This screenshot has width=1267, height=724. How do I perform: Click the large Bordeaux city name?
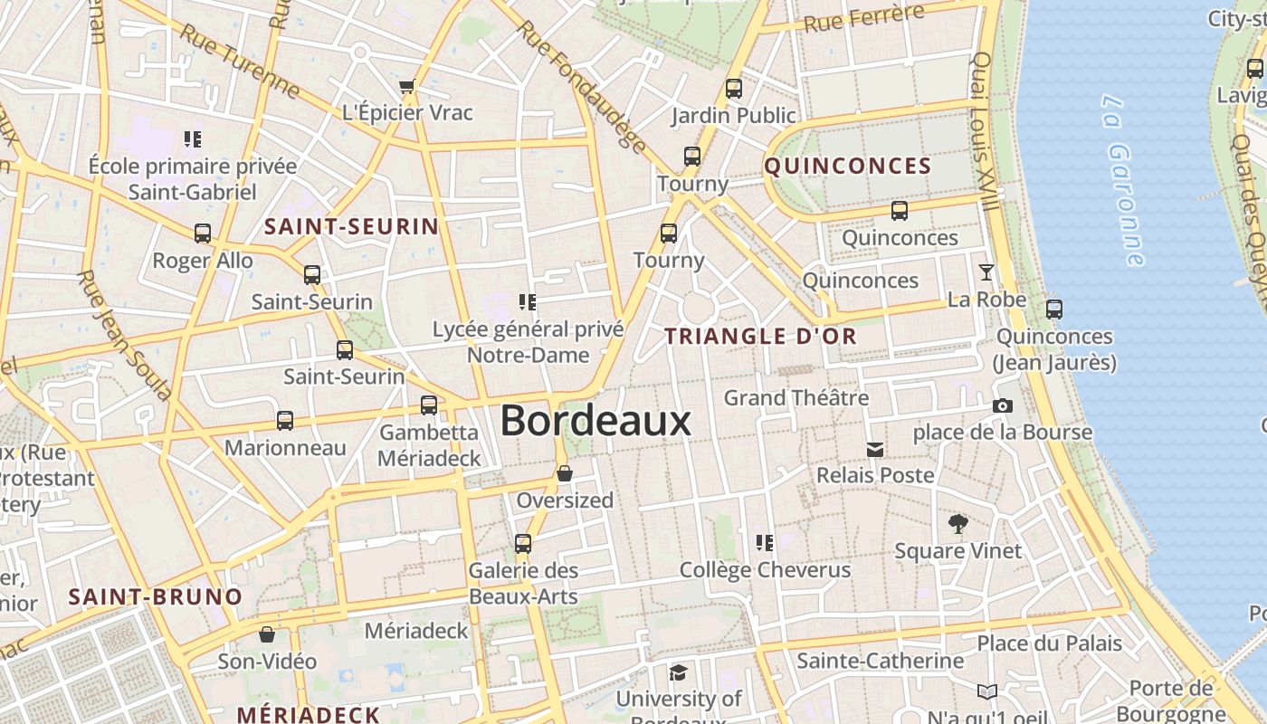pyautogui.click(x=595, y=421)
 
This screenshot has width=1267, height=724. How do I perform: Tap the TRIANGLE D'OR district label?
pyautogui.click(x=760, y=337)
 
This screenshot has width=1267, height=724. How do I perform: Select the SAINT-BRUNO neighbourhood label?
pyautogui.click(x=156, y=597)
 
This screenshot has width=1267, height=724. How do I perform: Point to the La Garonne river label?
pyautogui.click(x=1123, y=180)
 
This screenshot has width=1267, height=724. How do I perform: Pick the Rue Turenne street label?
pyautogui.click(x=240, y=61)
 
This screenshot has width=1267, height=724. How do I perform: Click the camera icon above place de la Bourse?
pyautogui.click(x=1002, y=405)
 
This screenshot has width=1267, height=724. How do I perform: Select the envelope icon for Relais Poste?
pyautogui.click(x=875, y=449)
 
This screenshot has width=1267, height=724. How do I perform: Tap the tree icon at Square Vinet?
pyautogui.click(x=957, y=523)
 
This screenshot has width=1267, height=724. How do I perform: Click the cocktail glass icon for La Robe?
pyautogui.click(x=986, y=271)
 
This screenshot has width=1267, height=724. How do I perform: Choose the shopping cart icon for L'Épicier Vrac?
pyautogui.click(x=407, y=87)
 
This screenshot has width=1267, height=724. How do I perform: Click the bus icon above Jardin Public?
pyautogui.click(x=734, y=89)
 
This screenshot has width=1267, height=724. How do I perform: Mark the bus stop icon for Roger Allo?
pyautogui.click(x=203, y=233)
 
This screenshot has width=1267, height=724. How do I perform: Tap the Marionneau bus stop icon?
pyautogui.click(x=285, y=421)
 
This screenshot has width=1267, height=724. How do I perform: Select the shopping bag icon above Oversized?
pyautogui.click(x=565, y=473)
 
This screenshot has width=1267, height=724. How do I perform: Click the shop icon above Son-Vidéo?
pyautogui.click(x=267, y=634)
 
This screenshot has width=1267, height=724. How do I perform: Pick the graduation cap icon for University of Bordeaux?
pyautogui.click(x=678, y=672)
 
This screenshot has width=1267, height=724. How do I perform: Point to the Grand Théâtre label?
pyautogui.click(x=796, y=398)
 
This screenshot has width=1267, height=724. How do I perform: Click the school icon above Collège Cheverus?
pyautogui.click(x=765, y=543)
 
